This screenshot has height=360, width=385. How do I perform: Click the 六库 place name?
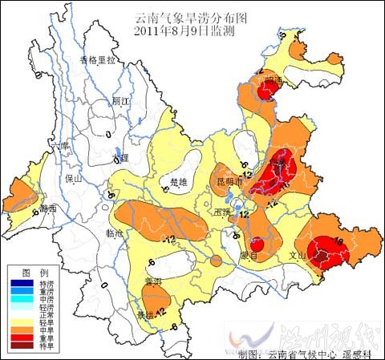(55, 148)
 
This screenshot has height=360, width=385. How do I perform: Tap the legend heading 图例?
(30, 273)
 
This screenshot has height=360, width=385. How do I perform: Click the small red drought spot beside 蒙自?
(257, 245)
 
